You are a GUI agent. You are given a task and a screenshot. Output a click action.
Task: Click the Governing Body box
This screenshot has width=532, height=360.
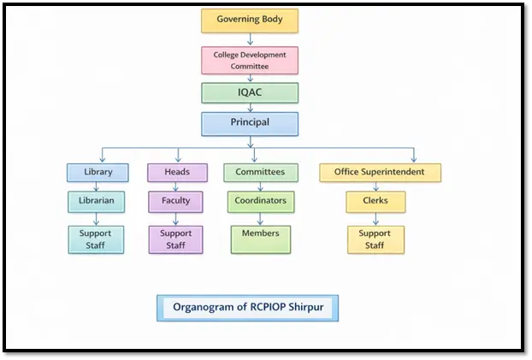pyautogui.click(x=250, y=20)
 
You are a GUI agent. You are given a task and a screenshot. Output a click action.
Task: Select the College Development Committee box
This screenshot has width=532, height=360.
pyautogui.click(x=250, y=60)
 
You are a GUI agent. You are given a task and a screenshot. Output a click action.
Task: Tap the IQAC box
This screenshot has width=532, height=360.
pyautogui.click(x=250, y=93)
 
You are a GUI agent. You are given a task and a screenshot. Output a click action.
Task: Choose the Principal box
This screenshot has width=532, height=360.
pyautogui.click(x=250, y=123)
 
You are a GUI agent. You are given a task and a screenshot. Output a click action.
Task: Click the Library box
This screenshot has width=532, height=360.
pyautogui.click(x=98, y=172)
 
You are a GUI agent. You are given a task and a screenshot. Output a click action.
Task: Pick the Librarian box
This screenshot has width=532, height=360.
pyautogui.click(x=98, y=202)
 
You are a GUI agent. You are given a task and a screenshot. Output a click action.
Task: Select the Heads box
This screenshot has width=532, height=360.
pyautogui.click(x=177, y=172)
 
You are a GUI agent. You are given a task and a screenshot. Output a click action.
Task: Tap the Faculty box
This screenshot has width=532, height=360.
pyautogui.click(x=177, y=202)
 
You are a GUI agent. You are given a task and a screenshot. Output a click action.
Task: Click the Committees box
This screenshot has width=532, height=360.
pyautogui.click(x=261, y=172)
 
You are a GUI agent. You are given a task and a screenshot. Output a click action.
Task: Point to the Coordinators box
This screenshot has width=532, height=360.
pyautogui.click(x=261, y=202)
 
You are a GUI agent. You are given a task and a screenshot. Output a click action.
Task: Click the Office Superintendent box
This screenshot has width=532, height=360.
pyautogui.click(x=380, y=172)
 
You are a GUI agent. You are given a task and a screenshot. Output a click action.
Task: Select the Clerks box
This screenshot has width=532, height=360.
pyautogui.click(x=375, y=202)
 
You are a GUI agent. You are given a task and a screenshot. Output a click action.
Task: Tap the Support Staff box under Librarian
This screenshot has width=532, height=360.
pyautogui.click(x=97, y=239)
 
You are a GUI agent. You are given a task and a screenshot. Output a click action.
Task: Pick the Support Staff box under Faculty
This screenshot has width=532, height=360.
pyautogui.click(x=177, y=239)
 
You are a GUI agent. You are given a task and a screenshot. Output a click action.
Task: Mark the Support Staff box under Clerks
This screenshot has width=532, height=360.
pyautogui.click(x=375, y=239)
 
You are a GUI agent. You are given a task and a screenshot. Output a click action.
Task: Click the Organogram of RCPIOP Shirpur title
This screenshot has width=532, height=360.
pyautogui.click(x=247, y=307)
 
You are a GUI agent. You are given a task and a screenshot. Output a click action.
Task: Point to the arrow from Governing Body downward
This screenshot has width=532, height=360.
pyautogui.click(x=250, y=39)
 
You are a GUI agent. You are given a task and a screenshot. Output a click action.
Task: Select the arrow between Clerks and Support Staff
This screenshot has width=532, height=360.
pyautogui.click(x=375, y=220)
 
